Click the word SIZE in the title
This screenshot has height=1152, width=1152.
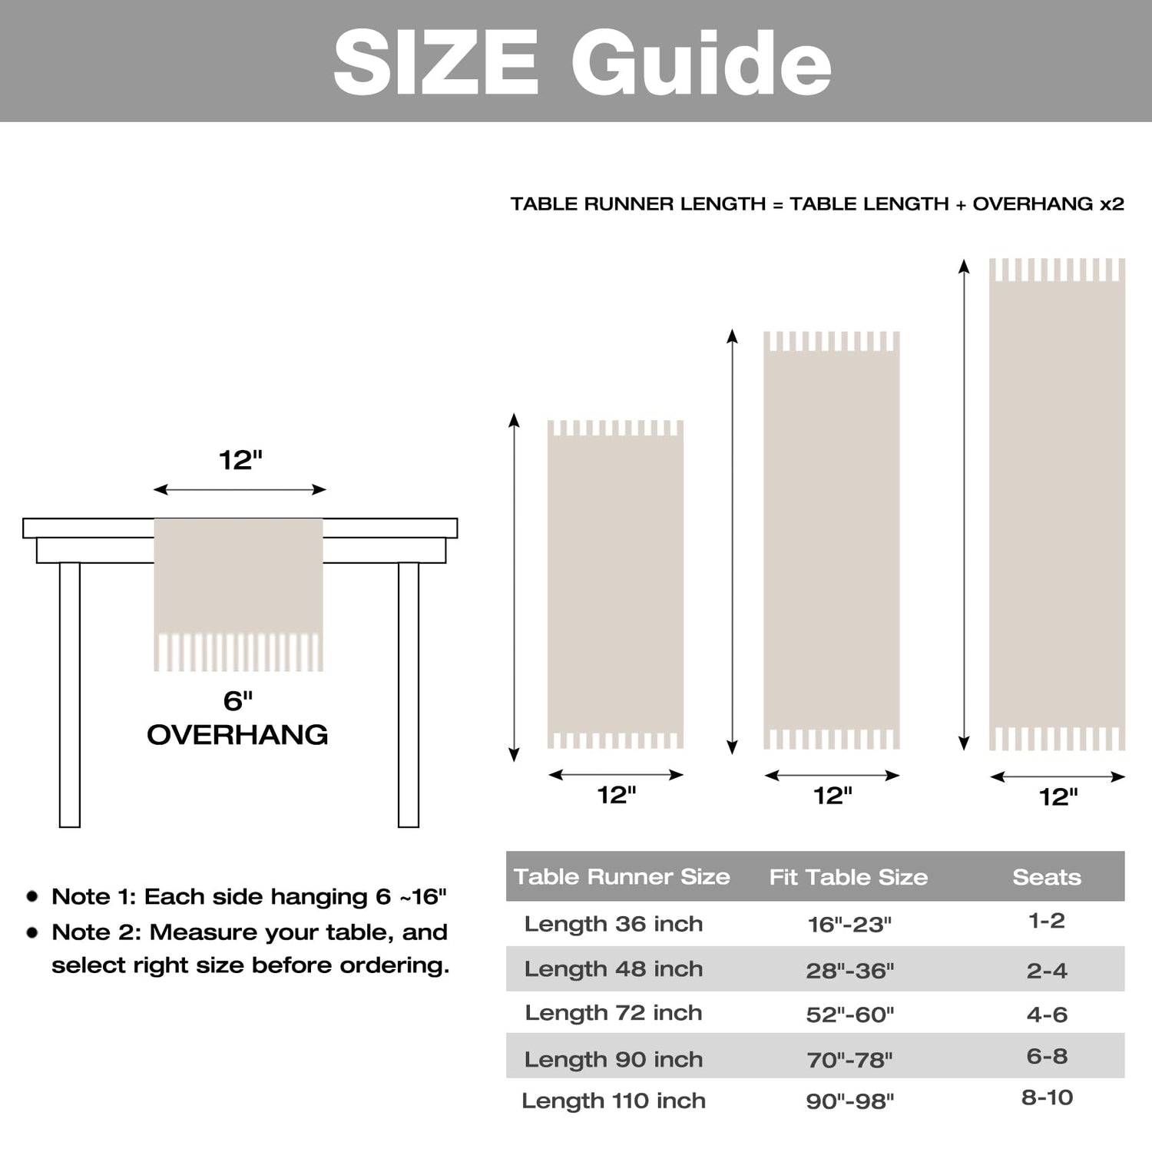435,63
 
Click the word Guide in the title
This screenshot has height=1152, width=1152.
700,63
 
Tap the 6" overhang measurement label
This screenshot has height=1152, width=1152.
237,700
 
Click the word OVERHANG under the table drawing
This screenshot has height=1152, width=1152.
237,735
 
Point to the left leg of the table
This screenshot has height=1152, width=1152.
70,695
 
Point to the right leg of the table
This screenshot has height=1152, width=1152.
409,695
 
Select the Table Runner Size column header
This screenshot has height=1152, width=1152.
621,876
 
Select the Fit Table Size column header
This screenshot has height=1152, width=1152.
849,877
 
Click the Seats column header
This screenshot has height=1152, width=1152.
1047,877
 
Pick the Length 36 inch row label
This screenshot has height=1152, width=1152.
614,923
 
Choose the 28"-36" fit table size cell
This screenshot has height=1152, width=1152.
850,971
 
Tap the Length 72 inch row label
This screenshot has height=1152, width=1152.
614,1013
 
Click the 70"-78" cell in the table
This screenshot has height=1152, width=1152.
849,1060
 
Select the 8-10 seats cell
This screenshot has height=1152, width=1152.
1047,1097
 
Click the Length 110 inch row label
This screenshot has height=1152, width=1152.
614,1101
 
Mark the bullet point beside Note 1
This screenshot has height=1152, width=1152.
32,896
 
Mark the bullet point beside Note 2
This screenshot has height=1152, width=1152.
32,932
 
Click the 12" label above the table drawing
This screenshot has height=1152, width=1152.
240,460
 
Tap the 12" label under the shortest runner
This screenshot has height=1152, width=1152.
617,795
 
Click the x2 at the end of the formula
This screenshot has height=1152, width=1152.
1111,204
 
